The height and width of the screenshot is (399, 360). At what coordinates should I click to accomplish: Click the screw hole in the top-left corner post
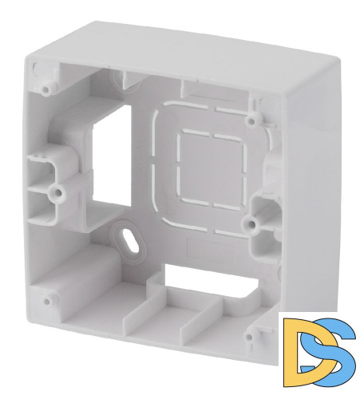[x=46, y=89]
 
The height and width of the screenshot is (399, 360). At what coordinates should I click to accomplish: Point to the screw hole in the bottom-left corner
[x=46, y=302]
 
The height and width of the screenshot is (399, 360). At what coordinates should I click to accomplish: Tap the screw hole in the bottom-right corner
[x=249, y=337]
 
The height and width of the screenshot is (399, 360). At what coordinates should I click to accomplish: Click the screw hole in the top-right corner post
[x=251, y=121]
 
